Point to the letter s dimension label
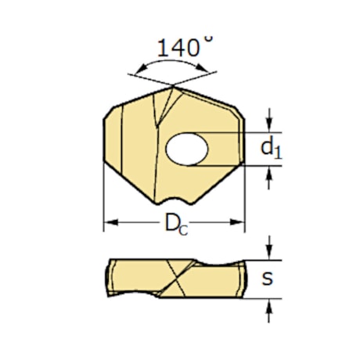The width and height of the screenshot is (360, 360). pos(268,279)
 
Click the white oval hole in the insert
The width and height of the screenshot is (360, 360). pos(187,149)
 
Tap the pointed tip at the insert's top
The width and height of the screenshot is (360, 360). pos(171,86)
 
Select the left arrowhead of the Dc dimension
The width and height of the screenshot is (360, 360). pos(109,223)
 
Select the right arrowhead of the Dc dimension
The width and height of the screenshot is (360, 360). pos(239,223)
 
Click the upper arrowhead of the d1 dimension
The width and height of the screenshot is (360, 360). pos(269,127)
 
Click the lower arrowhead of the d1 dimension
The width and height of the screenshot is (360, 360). pos(269,171)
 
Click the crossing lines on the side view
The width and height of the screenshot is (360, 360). pos(174,278)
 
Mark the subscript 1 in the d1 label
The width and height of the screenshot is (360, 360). pos(278,153)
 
